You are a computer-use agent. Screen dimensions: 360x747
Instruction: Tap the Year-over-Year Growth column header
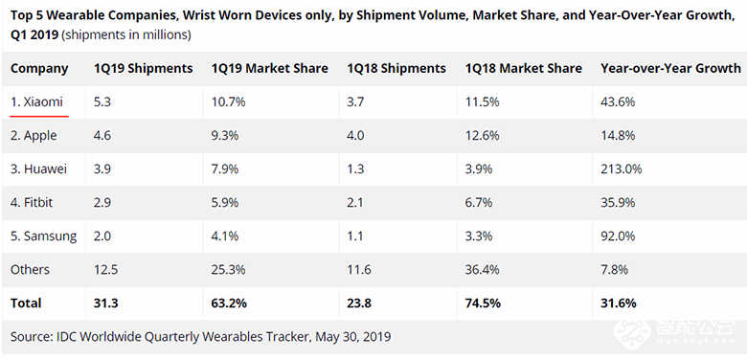coord(669,68)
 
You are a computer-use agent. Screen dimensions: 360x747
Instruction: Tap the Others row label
coord(31,270)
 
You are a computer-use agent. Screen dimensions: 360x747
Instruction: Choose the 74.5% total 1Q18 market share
coord(484,304)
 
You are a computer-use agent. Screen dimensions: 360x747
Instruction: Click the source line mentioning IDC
coord(201,337)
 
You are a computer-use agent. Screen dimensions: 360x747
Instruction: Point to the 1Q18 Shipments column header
coord(396,68)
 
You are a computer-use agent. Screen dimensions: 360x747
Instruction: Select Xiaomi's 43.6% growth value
coord(617,102)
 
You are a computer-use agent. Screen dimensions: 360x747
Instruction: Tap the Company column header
coord(39,68)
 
